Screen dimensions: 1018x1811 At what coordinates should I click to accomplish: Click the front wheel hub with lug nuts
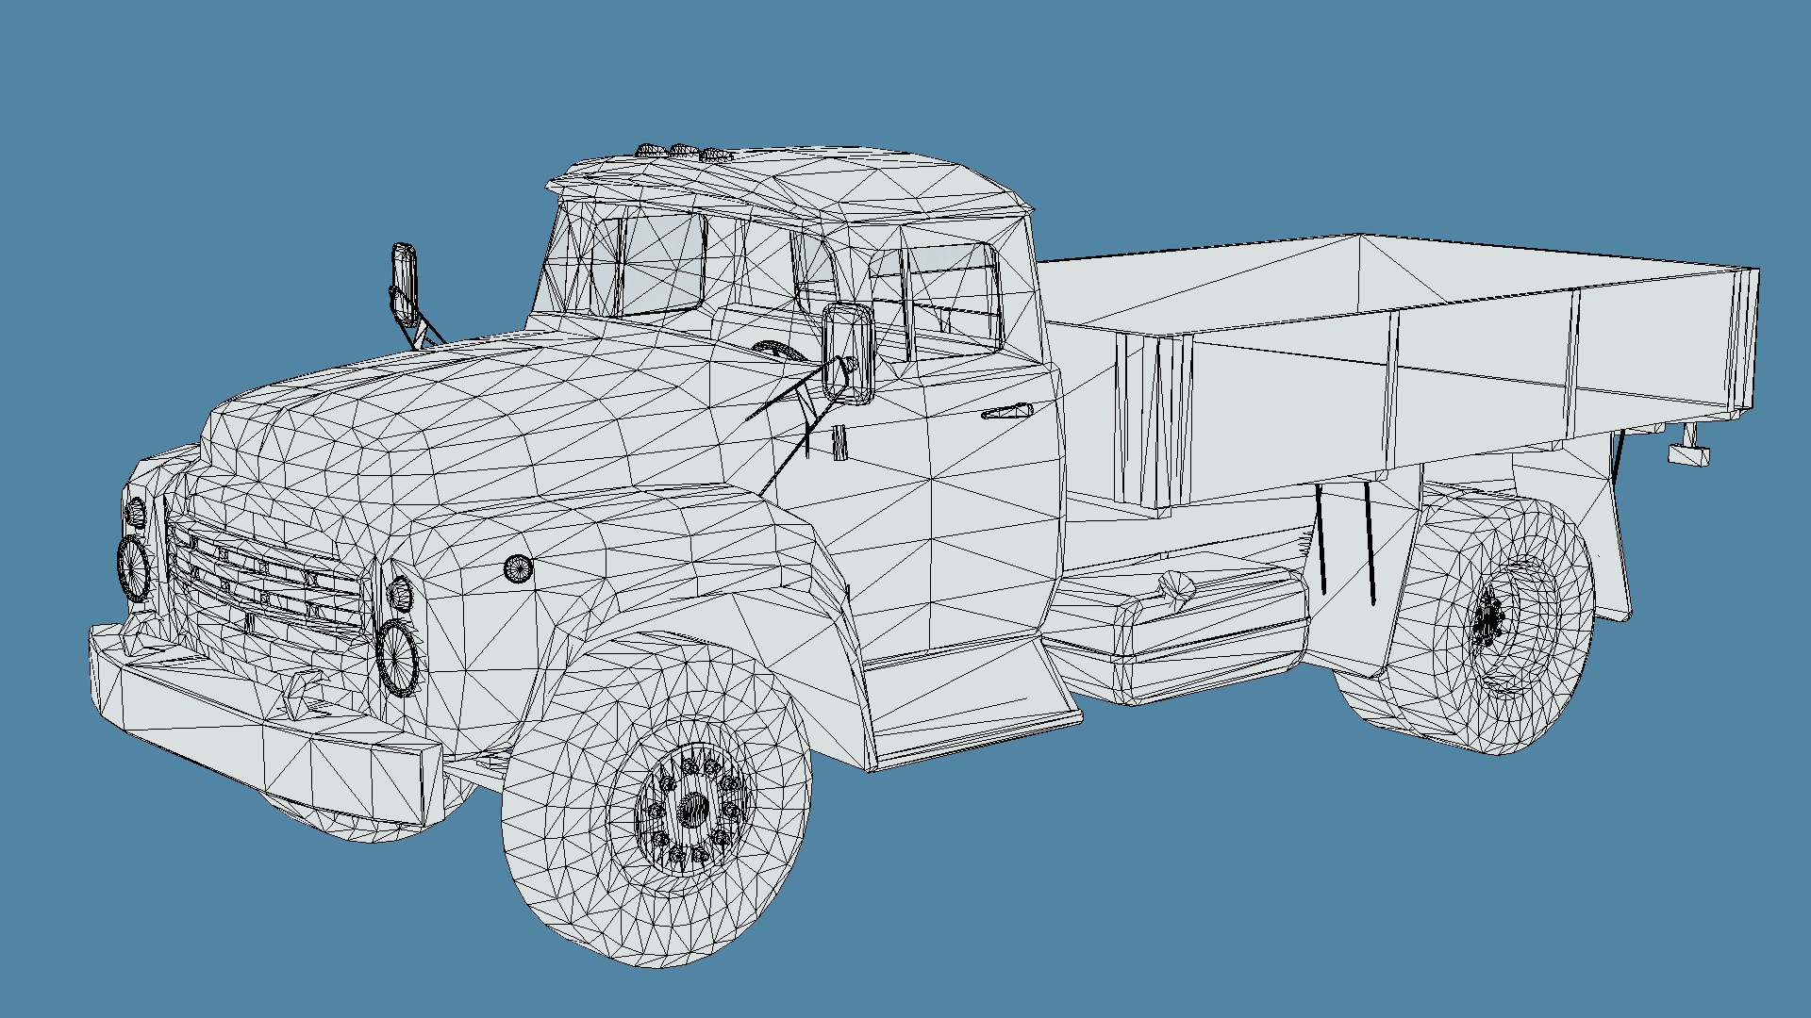[x=693, y=809]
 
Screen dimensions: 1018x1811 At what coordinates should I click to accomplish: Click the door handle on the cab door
[x=1007, y=412]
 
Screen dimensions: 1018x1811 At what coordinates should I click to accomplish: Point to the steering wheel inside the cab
[x=779, y=351]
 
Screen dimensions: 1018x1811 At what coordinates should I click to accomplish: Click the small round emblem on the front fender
[x=518, y=567]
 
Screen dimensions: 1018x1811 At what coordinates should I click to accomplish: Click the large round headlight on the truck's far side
[x=134, y=567]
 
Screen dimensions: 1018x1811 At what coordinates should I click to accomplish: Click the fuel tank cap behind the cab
[x=1174, y=586]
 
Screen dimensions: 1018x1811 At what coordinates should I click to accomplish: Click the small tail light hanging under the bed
[x=1688, y=454]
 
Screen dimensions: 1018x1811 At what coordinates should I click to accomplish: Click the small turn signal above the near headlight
[x=400, y=592]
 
